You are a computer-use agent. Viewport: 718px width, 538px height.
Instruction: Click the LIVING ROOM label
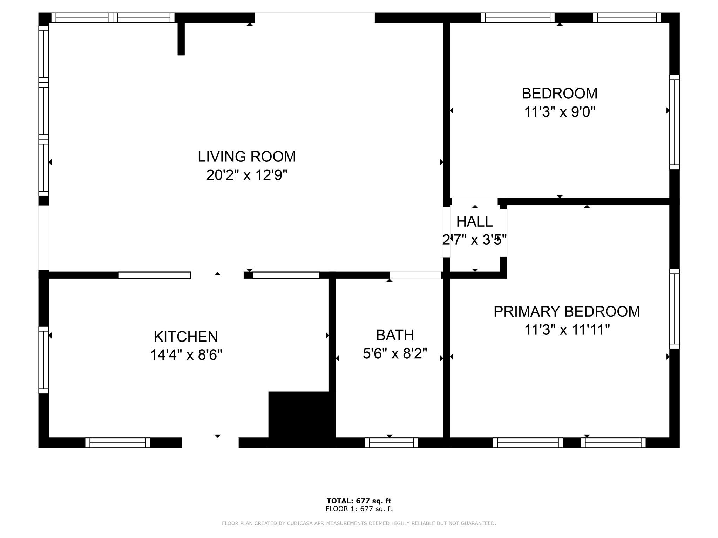[x=247, y=157]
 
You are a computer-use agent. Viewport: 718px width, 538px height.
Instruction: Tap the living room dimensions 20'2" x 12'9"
[x=247, y=175]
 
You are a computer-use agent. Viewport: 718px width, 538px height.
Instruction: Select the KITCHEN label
[x=186, y=337]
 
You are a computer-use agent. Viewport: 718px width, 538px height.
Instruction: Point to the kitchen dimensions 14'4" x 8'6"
[x=186, y=355]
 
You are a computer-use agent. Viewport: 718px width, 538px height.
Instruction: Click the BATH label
[x=395, y=335]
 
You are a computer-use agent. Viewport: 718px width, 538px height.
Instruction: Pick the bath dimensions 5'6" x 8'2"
[x=395, y=353]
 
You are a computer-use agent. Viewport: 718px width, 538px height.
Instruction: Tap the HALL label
[x=475, y=221]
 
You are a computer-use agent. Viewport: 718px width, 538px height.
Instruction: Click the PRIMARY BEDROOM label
[x=567, y=311]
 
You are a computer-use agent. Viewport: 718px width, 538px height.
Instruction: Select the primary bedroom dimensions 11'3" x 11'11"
[x=567, y=330]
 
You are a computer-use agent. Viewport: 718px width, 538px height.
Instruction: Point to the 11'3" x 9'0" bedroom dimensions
[x=560, y=112]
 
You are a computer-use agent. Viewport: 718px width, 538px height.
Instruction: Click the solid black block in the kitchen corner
[x=302, y=419]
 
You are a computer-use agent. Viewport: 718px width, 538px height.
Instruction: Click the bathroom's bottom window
[x=391, y=443]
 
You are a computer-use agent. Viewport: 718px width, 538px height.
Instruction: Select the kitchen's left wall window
[x=43, y=360]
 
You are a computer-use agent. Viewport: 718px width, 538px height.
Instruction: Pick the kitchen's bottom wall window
[x=118, y=443]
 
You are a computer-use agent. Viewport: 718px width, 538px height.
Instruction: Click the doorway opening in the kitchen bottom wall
[x=210, y=443]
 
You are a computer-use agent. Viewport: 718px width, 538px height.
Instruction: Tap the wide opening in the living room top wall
[x=315, y=18]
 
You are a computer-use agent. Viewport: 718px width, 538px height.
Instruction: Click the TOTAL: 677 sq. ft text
[x=359, y=501]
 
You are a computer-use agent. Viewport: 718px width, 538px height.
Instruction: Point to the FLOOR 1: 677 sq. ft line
[x=359, y=509]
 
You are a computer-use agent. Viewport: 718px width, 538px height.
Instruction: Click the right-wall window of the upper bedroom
[x=675, y=122]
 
